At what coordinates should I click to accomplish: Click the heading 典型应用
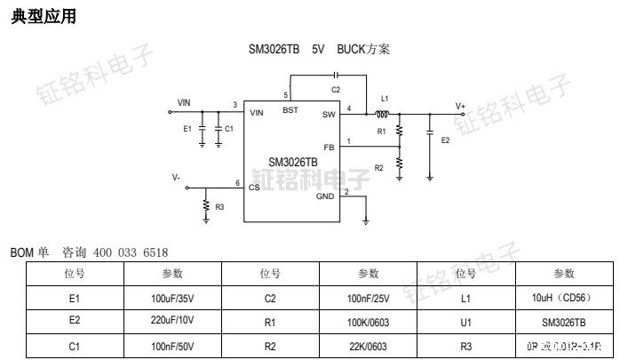coord(43,16)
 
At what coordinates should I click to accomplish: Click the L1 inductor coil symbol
coord(384,114)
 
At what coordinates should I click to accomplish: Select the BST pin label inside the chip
coord(290,110)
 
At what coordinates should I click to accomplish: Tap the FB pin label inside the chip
coord(329,147)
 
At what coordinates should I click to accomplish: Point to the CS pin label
coord(255,187)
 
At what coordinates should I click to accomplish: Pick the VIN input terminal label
coord(184,103)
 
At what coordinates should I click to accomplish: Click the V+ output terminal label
coord(461,105)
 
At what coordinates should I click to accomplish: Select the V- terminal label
coord(176,177)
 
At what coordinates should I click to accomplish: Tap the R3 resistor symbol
coord(206,208)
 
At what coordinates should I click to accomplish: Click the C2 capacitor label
coord(335,90)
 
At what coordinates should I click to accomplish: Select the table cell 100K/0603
coord(368,322)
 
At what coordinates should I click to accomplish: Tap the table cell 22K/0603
coord(368,346)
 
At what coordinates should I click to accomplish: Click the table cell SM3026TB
coord(563,322)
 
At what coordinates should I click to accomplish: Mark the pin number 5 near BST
coord(285,94)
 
